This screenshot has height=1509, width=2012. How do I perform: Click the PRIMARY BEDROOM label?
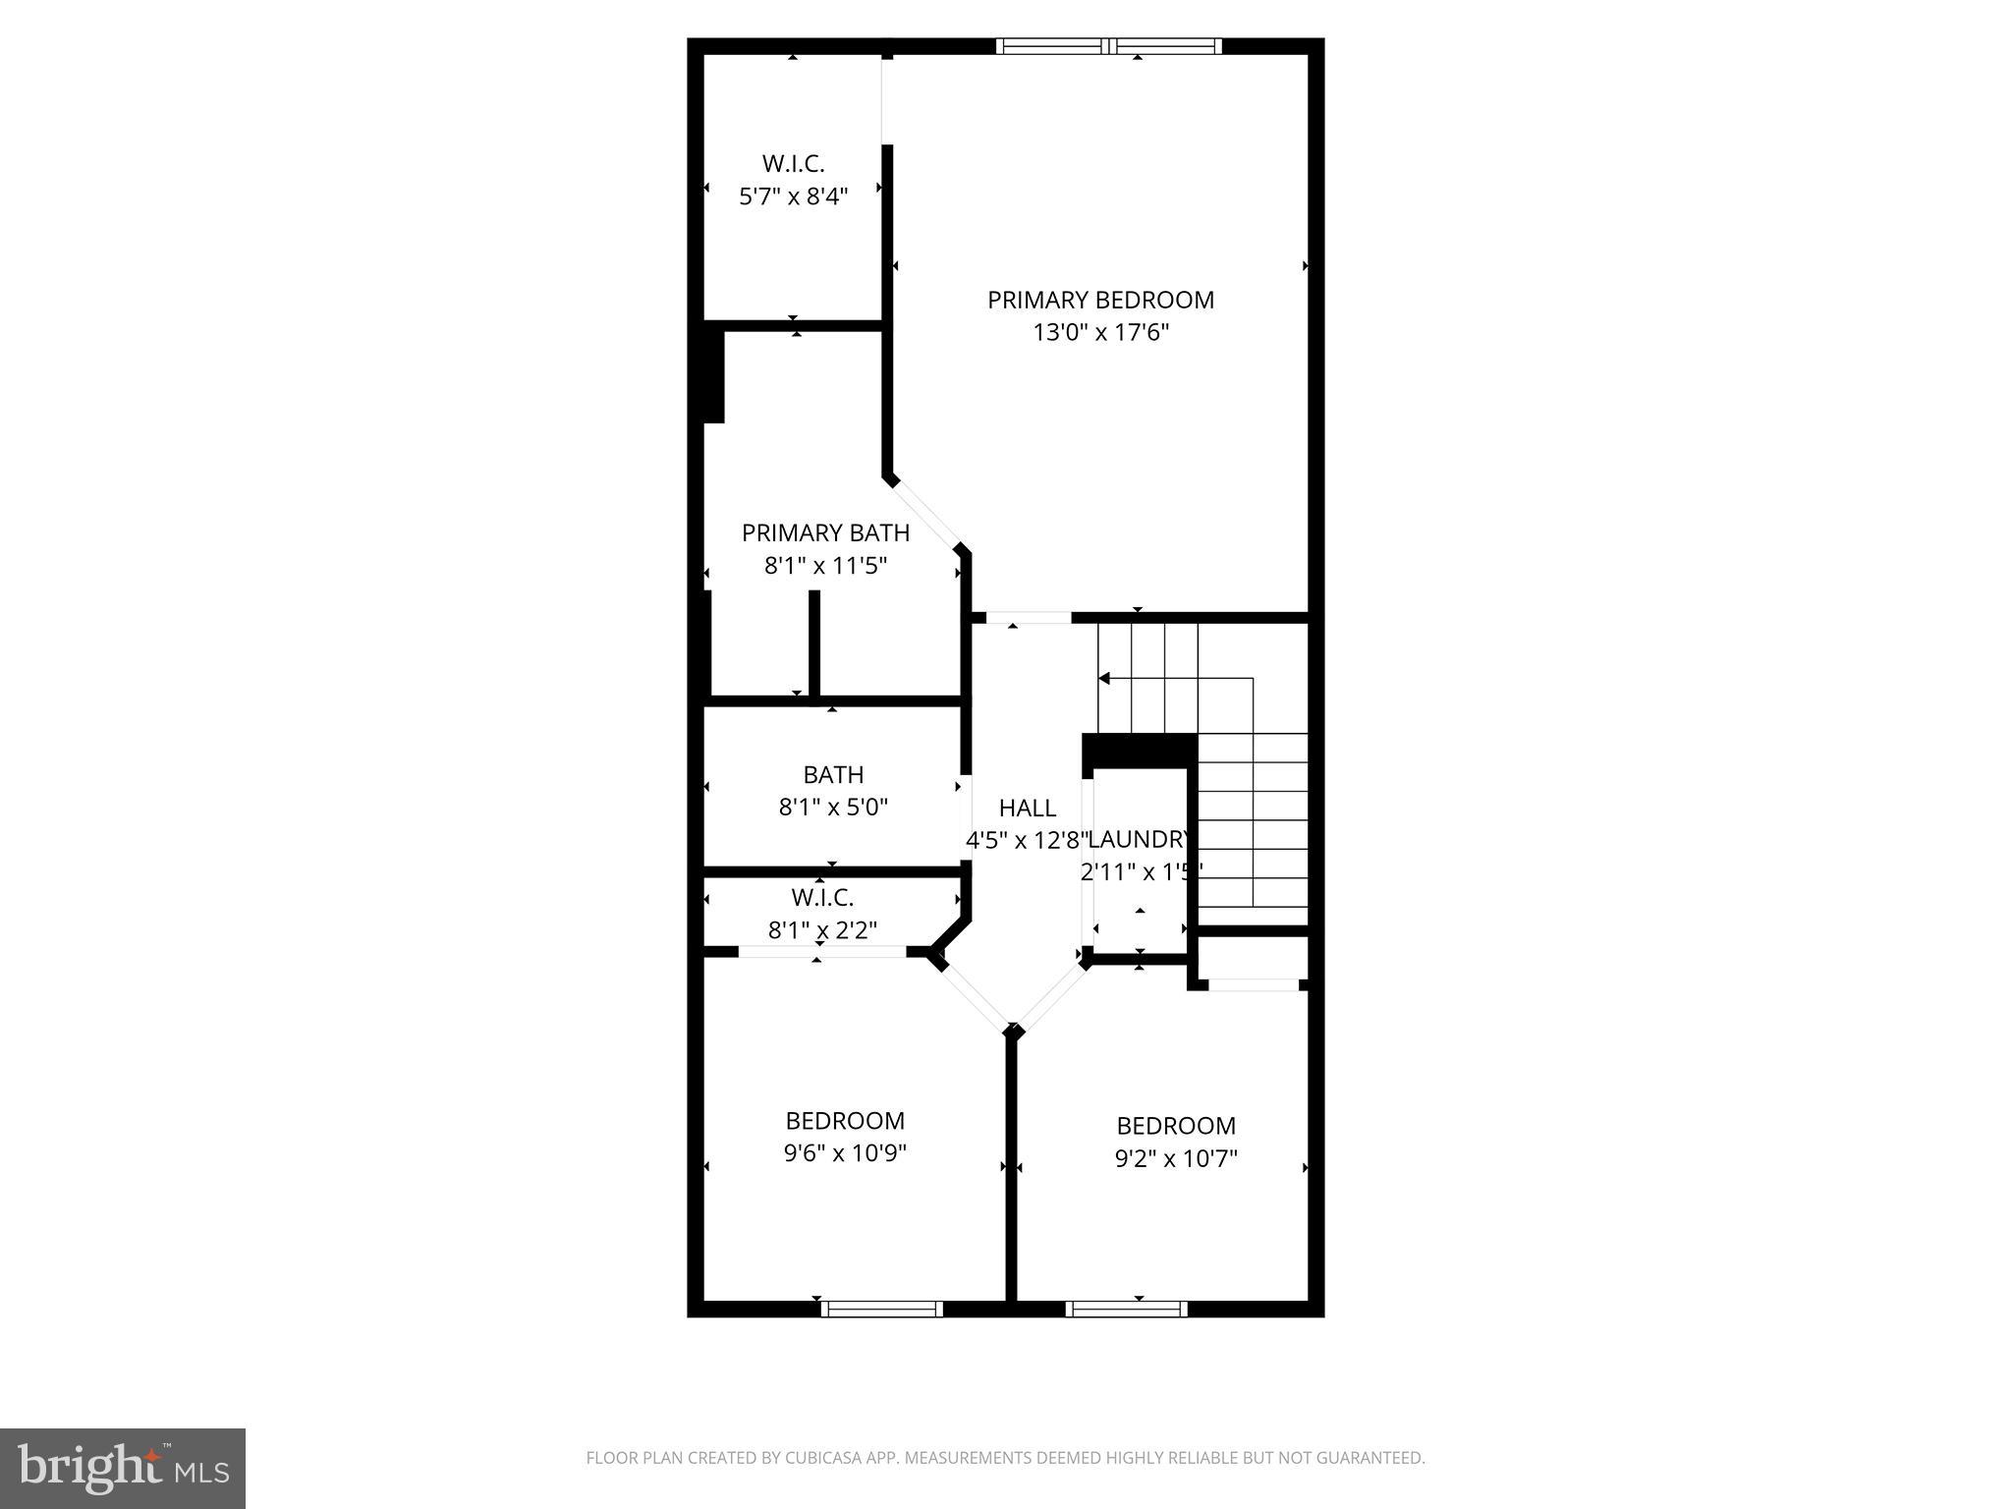1100,300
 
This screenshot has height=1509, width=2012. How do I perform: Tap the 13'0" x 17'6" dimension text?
1100,332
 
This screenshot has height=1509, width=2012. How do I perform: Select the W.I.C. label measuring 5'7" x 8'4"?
793,164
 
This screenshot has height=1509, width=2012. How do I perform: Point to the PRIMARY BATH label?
825,532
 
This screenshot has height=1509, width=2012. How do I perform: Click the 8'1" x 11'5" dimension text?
825,565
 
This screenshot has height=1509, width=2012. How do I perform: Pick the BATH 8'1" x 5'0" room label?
833,774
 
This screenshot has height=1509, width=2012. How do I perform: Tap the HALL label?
1028,808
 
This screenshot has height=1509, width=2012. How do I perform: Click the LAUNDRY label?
1141,839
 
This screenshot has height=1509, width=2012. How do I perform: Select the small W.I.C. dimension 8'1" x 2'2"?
822,929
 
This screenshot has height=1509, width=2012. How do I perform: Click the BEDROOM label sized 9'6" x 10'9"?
845,1120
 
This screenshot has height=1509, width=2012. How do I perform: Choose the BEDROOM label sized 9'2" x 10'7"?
1176,1125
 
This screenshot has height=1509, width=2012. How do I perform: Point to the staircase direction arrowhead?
1104,678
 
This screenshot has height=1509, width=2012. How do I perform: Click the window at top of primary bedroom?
1108,45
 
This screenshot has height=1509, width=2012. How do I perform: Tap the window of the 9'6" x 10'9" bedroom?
881,1309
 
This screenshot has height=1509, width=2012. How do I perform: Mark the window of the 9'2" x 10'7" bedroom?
1126,1309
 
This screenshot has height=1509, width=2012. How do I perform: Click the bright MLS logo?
122,1468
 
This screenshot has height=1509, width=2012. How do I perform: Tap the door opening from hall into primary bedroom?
1028,618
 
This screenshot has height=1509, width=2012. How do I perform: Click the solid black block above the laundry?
1139,751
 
